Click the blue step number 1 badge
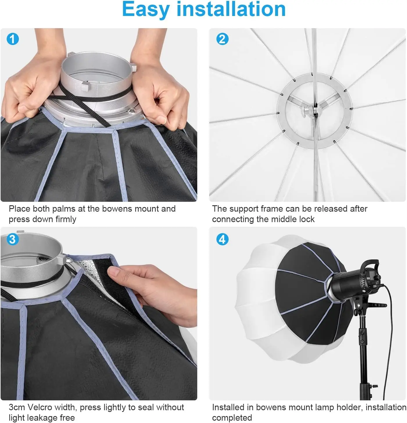point(12,39)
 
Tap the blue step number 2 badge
point(222,39)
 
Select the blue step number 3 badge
point(12,239)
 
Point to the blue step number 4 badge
point(222,239)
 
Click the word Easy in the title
point(146,10)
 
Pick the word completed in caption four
point(232,418)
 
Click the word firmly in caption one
point(66,219)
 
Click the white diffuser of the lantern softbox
point(261,304)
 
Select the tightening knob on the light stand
point(374,386)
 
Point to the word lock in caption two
point(307,219)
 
